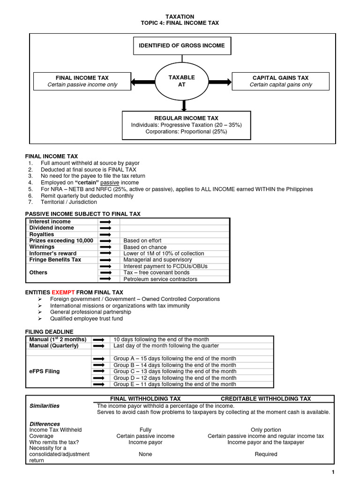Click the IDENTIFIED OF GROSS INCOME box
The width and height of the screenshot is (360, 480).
tap(182, 46)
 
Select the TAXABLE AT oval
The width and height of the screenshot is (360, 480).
tap(181, 81)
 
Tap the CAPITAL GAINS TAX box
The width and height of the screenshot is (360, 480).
tap(280, 81)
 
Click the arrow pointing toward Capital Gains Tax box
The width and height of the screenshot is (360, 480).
tap(220, 82)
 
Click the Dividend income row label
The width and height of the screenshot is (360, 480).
tap(52, 228)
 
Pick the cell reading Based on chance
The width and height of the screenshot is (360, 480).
tap(142, 247)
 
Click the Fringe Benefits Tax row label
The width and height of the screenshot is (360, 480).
tap(55, 260)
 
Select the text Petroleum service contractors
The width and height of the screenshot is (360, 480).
tap(160, 279)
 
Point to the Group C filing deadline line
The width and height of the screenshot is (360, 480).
tap(175, 371)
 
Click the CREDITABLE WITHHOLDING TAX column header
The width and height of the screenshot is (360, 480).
tap(266, 399)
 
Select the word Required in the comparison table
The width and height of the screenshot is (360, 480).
tap(266, 454)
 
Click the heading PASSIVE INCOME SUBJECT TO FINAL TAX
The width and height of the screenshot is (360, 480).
tap(82, 214)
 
